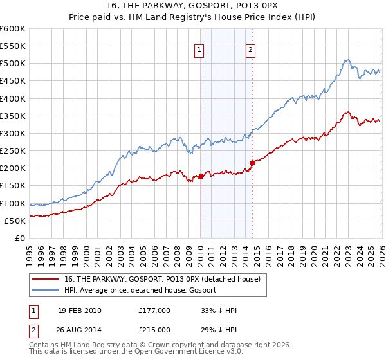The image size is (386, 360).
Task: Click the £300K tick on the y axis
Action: [x=13, y=133]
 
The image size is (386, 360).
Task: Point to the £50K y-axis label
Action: [x=15, y=221]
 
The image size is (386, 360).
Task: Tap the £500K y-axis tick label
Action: [x=13, y=64]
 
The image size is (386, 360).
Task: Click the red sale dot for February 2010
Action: [x=201, y=176]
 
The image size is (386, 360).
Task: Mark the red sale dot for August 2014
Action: [x=252, y=163]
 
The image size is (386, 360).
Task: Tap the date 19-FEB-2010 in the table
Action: [x=78, y=310]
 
